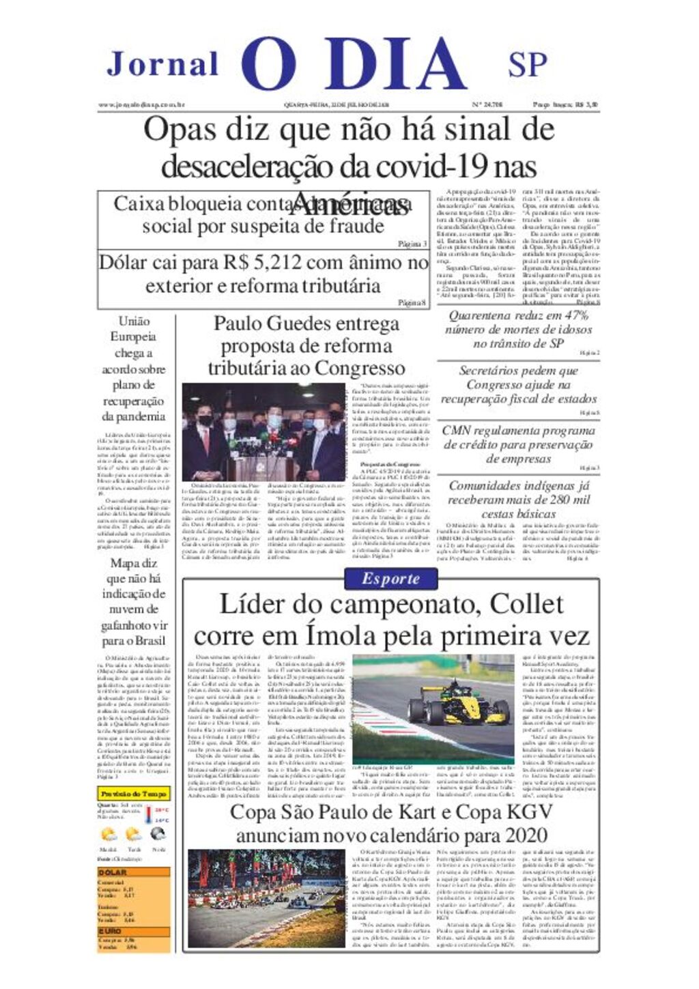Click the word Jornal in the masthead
click(162, 64)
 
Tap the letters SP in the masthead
click(527, 65)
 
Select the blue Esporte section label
click(390, 579)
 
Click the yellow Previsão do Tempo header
click(133, 794)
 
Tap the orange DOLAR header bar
click(133, 872)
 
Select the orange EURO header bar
click(133, 931)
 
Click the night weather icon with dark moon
click(158, 834)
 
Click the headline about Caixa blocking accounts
click(263, 214)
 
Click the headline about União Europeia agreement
click(134, 369)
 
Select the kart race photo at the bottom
click(267, 898)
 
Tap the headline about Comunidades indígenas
click(518, 500)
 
